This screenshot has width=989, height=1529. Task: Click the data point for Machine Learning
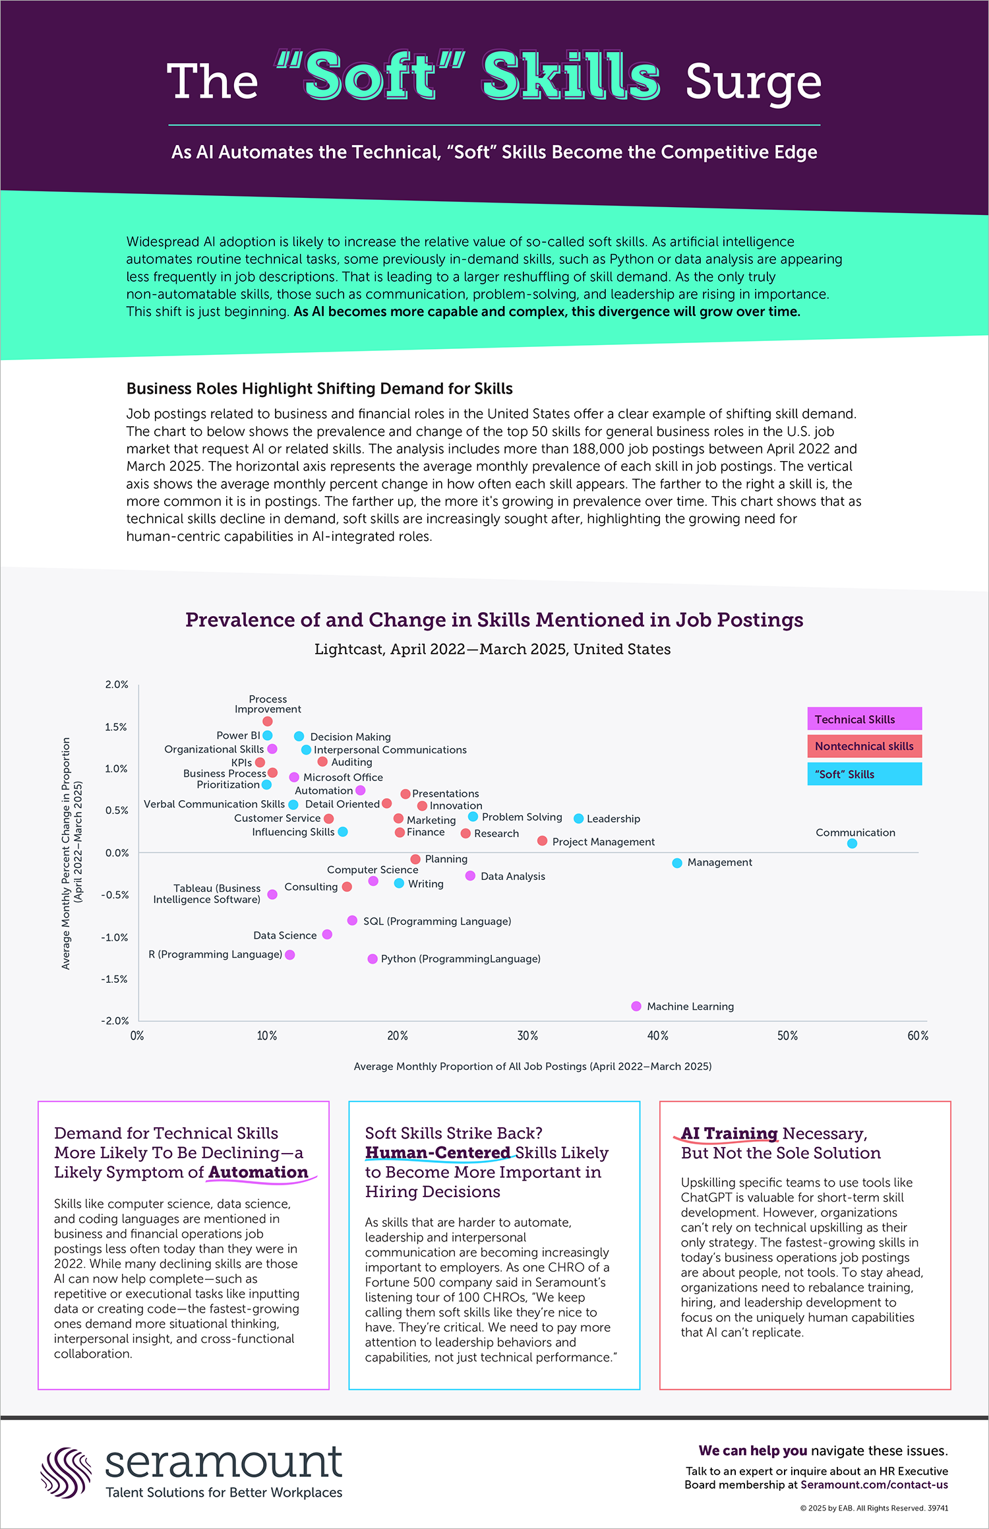click(636, 1006)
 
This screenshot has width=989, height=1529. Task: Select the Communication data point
click(852, 843)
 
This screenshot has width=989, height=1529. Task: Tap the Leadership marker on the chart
click(578, 819)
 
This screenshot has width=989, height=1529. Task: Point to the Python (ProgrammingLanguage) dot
click(373, 958)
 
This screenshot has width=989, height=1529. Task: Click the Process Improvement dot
click(267, 721)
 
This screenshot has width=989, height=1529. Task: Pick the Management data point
click(676, 863)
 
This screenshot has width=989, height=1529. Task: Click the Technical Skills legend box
click(864, 719)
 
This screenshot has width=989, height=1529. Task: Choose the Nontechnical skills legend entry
click(864, 746)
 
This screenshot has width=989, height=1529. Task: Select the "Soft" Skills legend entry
click(864, 774)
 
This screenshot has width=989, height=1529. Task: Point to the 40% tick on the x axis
click(657, 1036)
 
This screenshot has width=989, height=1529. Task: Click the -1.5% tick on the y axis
click(115, 979)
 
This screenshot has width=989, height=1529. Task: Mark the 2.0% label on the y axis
click(117, 685)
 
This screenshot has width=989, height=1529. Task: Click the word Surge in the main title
click(753, 82)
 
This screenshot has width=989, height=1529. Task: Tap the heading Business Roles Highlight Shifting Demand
click(319, 389)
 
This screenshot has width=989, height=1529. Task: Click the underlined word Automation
click(258, 1172)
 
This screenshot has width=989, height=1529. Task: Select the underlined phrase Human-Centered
click(438, 1152)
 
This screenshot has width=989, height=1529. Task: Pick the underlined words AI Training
click(729, 1133)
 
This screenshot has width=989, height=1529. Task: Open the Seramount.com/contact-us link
click(874, 1485)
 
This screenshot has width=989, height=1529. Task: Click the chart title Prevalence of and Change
click(494, 620)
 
